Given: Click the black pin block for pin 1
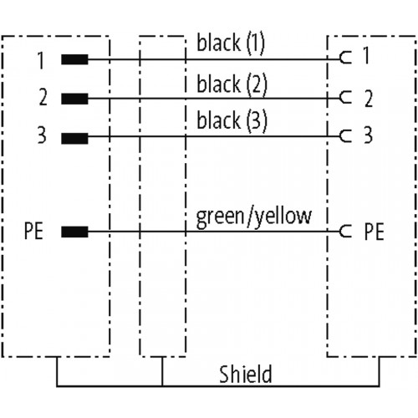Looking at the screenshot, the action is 74,59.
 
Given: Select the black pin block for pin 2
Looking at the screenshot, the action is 74,99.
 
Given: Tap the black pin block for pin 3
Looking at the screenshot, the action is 74,139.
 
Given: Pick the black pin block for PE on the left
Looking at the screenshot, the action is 74,232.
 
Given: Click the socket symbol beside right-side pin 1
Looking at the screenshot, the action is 341,58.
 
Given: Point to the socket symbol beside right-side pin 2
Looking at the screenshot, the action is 341,98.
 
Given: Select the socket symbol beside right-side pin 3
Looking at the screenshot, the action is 341,136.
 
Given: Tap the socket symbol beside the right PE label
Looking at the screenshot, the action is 341,231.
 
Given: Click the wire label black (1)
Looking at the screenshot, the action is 231,43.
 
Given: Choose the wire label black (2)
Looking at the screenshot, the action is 232,84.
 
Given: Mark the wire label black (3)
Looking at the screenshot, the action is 232,120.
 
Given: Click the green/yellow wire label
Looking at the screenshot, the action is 253,217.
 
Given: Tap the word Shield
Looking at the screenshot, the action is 245,375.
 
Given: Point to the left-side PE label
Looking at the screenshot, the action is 33,231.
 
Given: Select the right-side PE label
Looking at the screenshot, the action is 375,232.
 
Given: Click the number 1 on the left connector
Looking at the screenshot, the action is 41,60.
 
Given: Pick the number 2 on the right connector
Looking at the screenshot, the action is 369,99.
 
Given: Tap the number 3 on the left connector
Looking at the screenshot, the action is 42,135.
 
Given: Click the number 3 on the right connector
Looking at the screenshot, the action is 369,135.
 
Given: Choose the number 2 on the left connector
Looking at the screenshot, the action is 43,97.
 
